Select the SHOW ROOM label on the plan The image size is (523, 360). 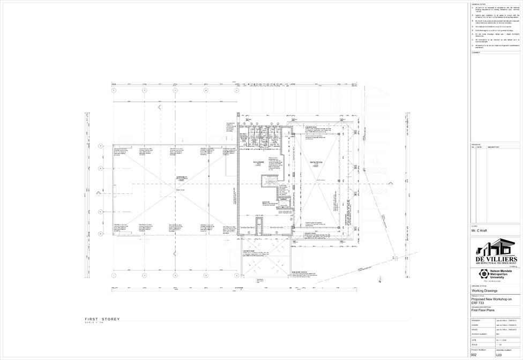[x=316, y=162]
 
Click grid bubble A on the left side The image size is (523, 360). [x=100, y=145]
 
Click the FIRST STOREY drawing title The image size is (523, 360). [x=102, y=319]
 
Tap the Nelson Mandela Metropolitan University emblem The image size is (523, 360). [x=481, y=275]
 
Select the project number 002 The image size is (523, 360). [x=474, y=355]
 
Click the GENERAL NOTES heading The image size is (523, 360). [x=479, y=4]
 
